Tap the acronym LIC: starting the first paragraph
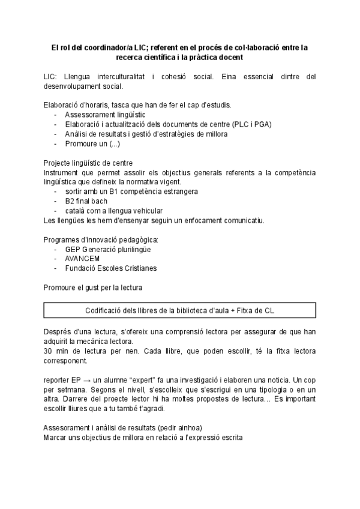[50, 77]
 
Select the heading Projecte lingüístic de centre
[88, 163]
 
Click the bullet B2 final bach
[86, 201]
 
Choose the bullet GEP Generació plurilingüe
[108, 249]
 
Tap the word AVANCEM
[82, 259]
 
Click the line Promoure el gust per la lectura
[93, 288]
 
